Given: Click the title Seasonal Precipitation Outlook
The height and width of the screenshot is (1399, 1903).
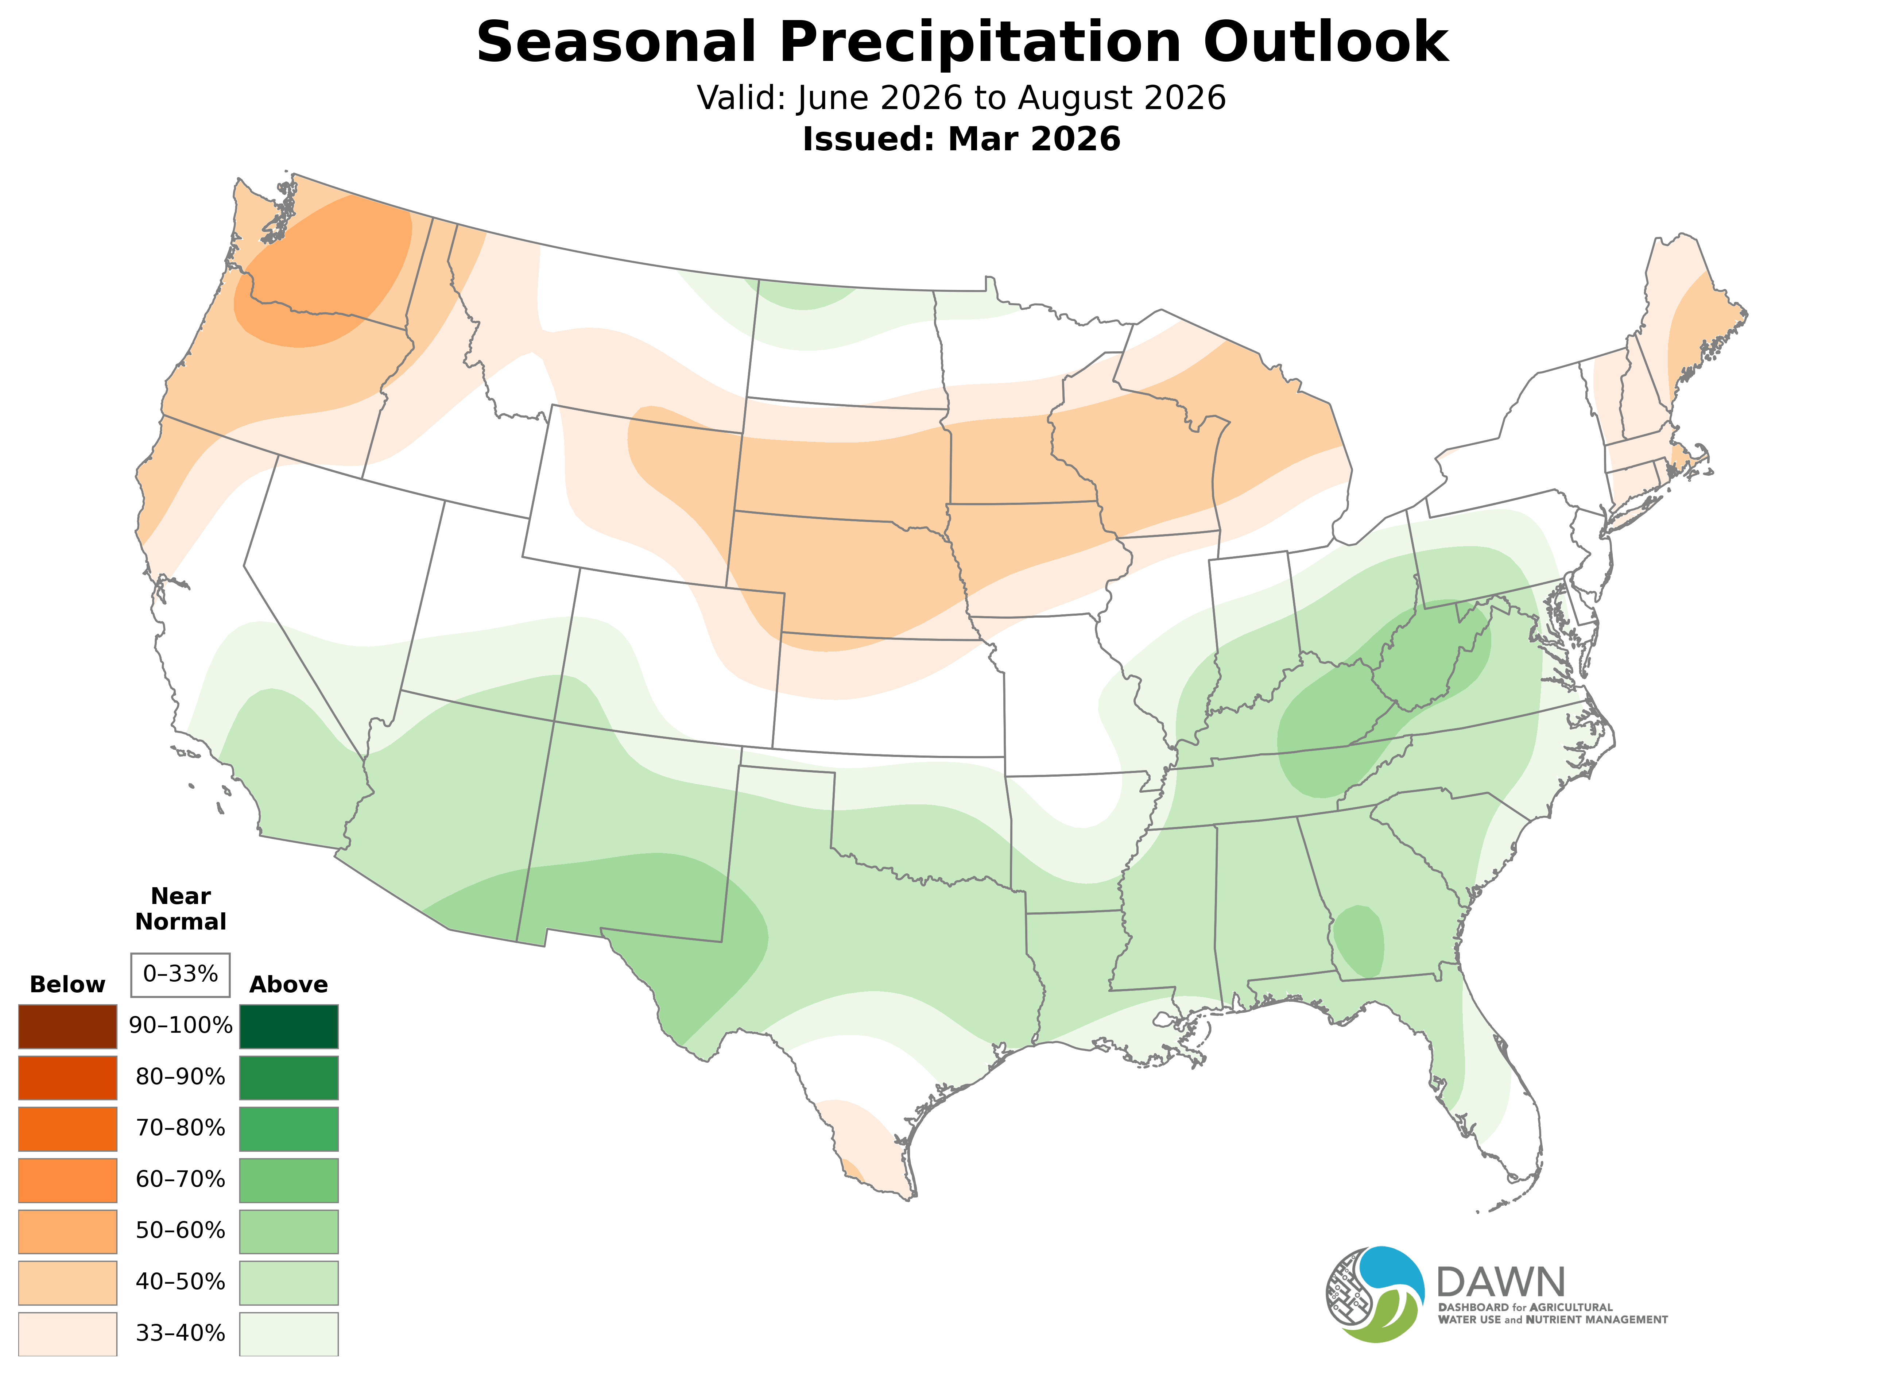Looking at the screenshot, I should click(x=962, y=42).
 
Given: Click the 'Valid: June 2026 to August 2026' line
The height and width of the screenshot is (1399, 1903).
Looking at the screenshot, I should click(x=962, y=98).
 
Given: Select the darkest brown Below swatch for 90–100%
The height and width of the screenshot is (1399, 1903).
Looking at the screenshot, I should click(x=68, y=1027).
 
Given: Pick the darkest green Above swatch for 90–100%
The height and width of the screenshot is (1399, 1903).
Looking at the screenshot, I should click(x=289, y=1027).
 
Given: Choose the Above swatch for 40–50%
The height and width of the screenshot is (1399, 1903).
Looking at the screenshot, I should click(x=289, y=1282).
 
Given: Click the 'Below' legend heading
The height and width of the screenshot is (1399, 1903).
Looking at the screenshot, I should click(x=68, y=985).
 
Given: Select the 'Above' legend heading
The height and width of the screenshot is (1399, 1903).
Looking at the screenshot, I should click(x=289, y=985).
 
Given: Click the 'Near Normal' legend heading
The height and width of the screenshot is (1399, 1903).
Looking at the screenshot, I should click(x=180, y=909).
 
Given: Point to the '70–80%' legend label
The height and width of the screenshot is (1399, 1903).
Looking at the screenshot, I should click(x=180, y=1128).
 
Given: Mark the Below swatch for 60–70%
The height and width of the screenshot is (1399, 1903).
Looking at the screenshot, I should click(x=68, y=1180).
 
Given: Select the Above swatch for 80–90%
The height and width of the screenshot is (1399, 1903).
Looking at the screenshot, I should click(x=289, y=1077).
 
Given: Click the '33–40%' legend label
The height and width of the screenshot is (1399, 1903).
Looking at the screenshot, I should click(x=180, y=1334).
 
